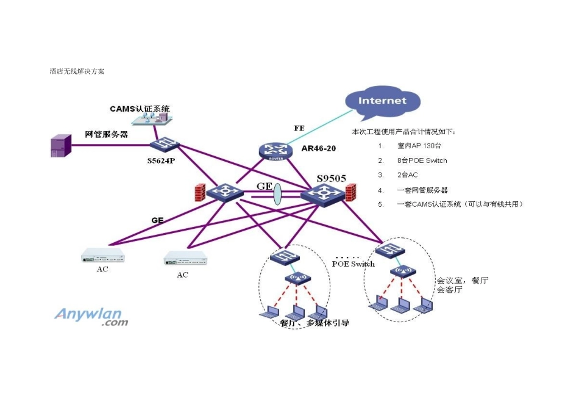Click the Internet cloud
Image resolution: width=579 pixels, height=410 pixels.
(x=382, y=101)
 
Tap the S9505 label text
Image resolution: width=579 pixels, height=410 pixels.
(x=331, y=178)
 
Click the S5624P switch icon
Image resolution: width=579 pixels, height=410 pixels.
(x=165, y=145)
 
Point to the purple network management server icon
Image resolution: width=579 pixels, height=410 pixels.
(x=59, y=147)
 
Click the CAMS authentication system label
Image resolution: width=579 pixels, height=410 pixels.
(x=140, y=109)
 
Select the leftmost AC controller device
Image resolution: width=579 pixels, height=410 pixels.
(x=102, y=256)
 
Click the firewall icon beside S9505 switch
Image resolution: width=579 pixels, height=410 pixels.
(x=350, y=193)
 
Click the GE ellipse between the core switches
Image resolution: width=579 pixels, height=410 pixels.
(x=277, y=194)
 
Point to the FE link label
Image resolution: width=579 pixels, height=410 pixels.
(x=299, y=128)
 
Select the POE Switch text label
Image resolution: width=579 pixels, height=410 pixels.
(x=353, y=264)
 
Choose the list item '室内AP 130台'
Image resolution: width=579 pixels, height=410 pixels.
(x=418, y=146)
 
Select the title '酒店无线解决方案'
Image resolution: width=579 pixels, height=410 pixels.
(x=77, y=71)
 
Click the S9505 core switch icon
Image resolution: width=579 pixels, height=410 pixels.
(x=321, y=195)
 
